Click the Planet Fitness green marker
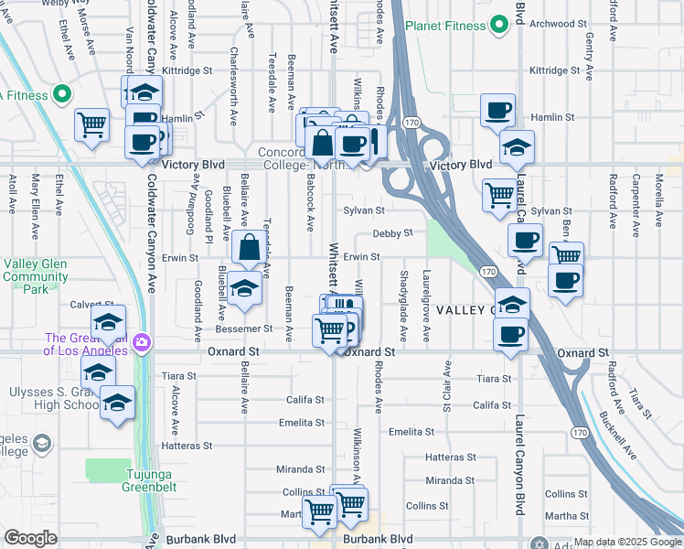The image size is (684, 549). (x=498, y=26)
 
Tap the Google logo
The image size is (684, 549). (x=30, y=538)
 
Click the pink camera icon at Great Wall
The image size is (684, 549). (x=142, y=343)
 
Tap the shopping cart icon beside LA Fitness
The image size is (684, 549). (x=91, y=124)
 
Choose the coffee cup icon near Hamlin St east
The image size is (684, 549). (x=497, y=110)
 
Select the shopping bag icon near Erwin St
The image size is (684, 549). (x=250, y=247)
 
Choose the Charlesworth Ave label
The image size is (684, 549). (x=234, y=87)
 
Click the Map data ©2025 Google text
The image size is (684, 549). (x=627, y=543)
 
